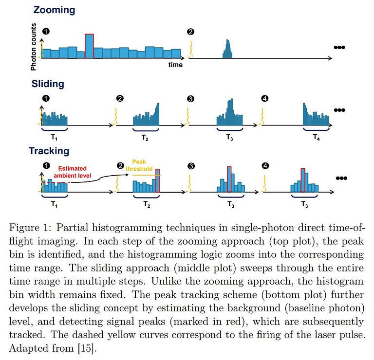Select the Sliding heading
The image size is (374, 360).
tap(48, 83)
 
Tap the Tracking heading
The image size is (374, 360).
tap(49, 151)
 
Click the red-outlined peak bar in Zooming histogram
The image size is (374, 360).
tap(89, 46)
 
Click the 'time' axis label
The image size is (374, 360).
tap(175, 65)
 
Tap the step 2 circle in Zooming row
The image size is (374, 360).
tap(191, 32)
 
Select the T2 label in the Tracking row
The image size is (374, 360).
tap(146, 205)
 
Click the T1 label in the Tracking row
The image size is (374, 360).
tap(54, 205)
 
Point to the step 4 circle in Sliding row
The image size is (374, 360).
tap(264, 99)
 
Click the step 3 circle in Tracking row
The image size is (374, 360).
tap(191, 166)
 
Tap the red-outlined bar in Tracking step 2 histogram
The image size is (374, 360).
tap(157, 180)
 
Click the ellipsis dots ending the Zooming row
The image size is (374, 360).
tap(339, 47)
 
